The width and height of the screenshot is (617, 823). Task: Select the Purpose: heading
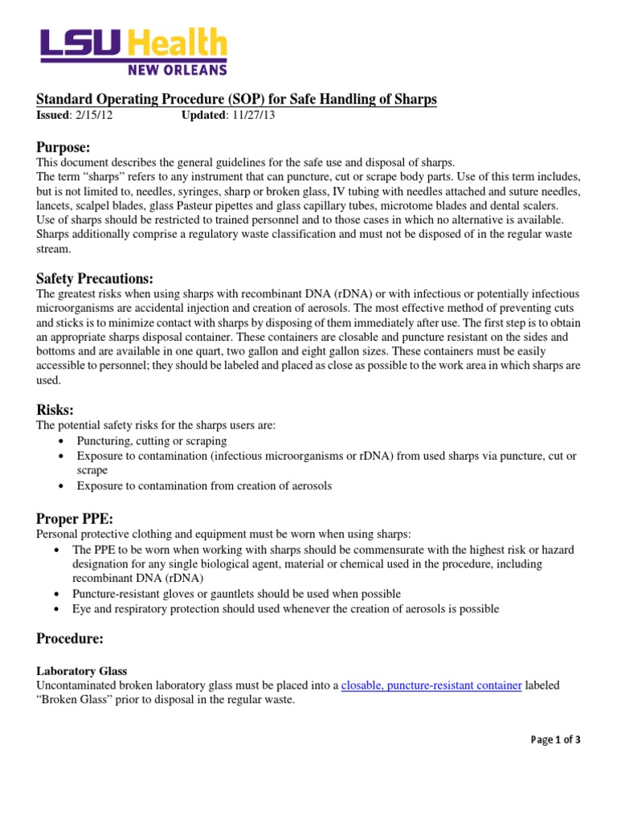click(63, 147)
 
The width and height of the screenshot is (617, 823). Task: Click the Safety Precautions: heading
click(94, 278)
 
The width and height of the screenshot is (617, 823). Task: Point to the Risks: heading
click(55, 409)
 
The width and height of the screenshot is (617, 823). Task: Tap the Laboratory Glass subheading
click(83, 670)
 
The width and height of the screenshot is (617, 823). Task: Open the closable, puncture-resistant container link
click(432, 685)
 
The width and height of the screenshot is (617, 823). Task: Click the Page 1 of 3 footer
click(555, 741)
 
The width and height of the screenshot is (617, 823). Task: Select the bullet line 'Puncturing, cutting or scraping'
click(152, 441)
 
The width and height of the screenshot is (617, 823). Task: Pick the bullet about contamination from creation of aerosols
click(204, 485)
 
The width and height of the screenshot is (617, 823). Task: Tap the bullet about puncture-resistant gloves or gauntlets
click(236, 594)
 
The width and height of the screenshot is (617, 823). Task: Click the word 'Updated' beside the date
click(205, 115)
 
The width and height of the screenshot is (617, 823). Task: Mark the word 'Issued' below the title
click(53, 115)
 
